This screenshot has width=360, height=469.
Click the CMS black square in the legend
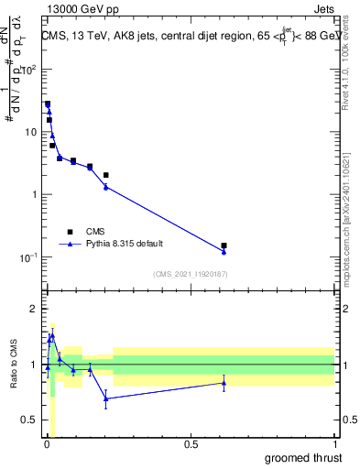point(70,232)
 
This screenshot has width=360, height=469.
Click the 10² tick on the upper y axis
point(30,70)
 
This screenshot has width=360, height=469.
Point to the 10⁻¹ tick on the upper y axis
point(30,257)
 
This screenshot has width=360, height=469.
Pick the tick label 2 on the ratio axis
point(34,309)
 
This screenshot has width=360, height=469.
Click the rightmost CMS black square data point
point(224,245)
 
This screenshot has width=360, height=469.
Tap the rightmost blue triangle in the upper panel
point(224,251)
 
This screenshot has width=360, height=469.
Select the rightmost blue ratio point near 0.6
point(224,383)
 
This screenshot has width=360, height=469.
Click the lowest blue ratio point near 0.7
point(106,398)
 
